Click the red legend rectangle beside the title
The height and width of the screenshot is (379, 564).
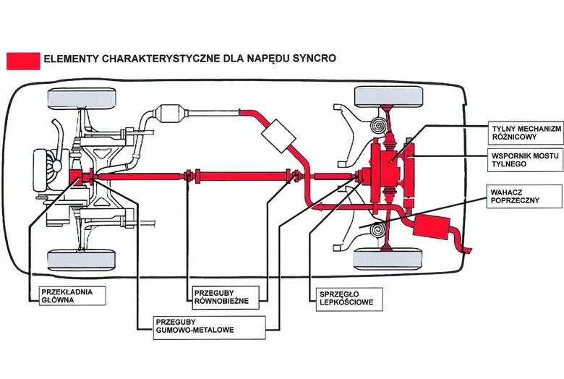pos(23,60)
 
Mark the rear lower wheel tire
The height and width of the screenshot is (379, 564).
pos(388,257)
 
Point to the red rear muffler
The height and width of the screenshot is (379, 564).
pos(434,228)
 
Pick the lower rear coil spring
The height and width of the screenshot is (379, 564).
pos(377,230)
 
